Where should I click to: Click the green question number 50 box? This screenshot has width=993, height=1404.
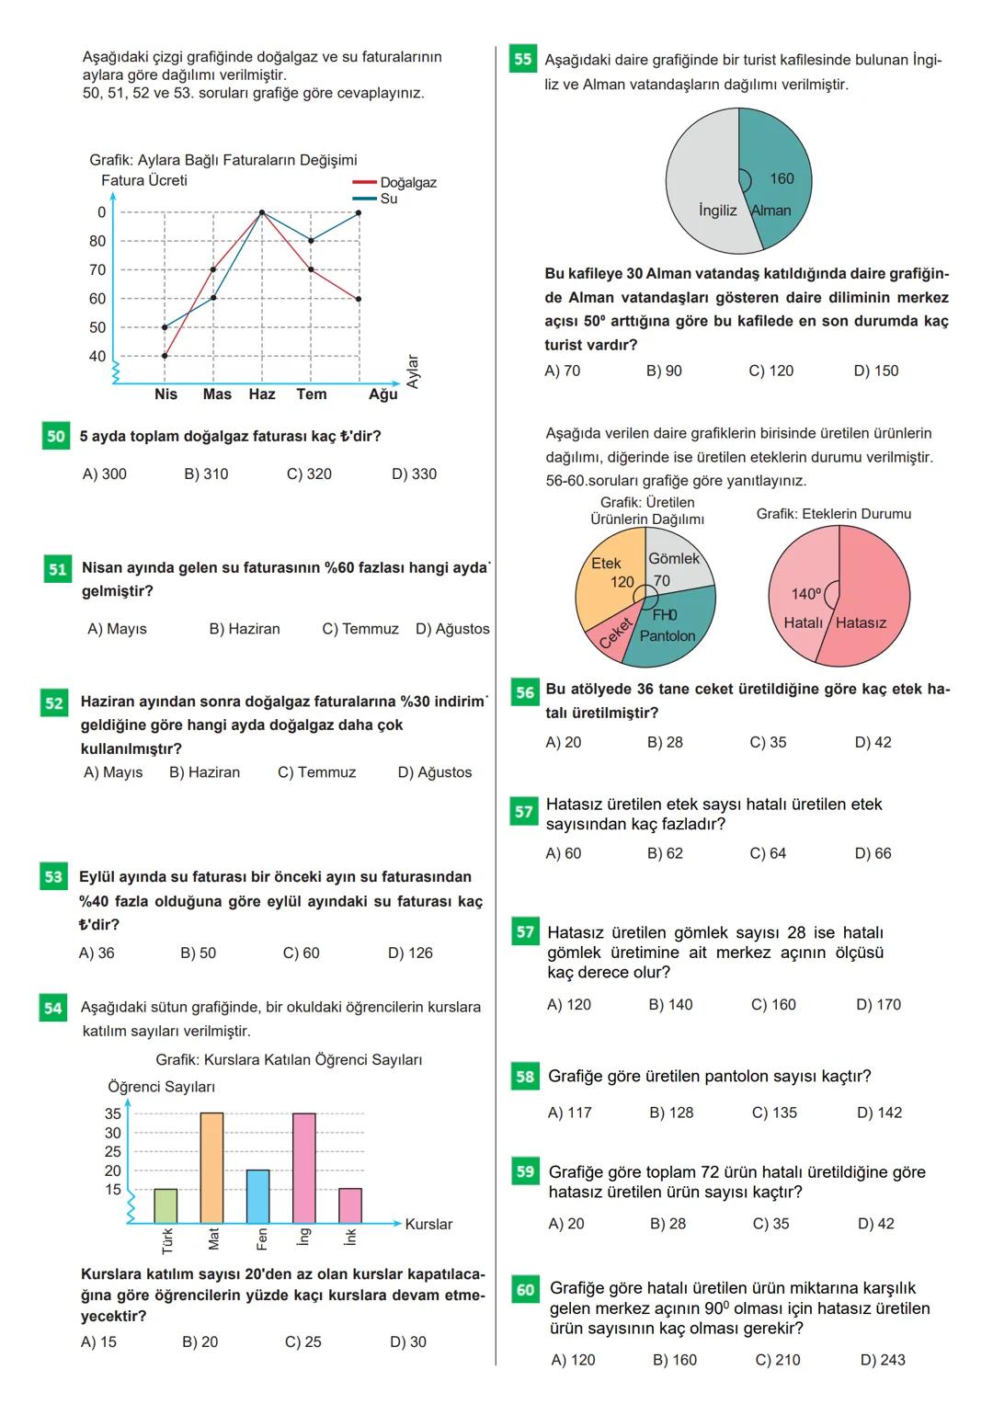(55, 436)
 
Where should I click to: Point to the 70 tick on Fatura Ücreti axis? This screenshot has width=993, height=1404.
(97, 269)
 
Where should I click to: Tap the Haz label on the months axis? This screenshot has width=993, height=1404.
(262, 394)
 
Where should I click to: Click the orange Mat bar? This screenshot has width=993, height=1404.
(211, 1168)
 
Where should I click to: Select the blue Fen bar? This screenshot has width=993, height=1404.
(258, 1195)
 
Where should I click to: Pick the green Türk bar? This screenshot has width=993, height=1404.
(165, 1205)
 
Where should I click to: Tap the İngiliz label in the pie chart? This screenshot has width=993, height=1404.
(717, 211)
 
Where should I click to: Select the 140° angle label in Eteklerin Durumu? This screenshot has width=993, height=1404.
(806, 594)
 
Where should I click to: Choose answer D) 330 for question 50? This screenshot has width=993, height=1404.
(414, 474)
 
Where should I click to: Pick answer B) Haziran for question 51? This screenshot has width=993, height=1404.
(245, 629)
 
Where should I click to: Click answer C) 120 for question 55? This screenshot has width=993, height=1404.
(770, 371)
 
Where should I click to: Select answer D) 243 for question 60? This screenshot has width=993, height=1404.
(882, 1359)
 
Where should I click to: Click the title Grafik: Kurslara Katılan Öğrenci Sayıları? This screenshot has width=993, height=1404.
(289, 1059)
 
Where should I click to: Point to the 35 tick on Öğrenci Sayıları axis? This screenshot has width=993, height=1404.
(113, 1113)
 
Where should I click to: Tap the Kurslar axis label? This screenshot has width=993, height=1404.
(428, 1224)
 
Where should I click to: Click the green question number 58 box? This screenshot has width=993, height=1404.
(525, 1076)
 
